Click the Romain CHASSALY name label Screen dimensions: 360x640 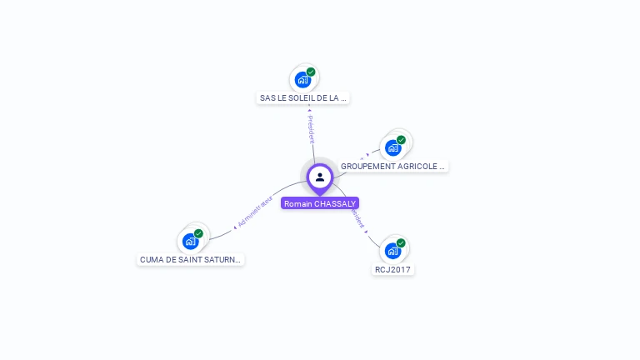click(x=320, y=203)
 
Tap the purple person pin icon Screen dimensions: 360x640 click(x=320, y=177)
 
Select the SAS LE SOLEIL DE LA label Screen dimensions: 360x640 click(x=303, y=98)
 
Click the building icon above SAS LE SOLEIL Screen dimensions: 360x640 click(x=302, y=80)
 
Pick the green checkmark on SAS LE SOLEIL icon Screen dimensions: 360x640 click(x=311, y=72)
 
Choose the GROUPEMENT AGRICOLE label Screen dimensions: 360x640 click(x=393, y=167)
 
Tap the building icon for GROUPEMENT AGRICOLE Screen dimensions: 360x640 click(x=393, y=147)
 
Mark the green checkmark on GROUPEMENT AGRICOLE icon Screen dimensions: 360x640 click(x=401, y=140)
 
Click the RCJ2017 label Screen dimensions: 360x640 click(x=393, y=270)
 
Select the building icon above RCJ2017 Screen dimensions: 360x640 click(x=392, y=250)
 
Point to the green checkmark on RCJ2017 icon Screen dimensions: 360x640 click(x=401, y=243)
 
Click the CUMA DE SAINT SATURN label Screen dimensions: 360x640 click(x=191, y=260)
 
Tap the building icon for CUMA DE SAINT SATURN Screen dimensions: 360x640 click(x=191, y=241)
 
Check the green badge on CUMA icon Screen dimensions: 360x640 click(x=198, y=234)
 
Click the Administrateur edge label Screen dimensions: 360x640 click(x=255, y=212)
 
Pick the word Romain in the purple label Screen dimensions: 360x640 click(x=298, y=203)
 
